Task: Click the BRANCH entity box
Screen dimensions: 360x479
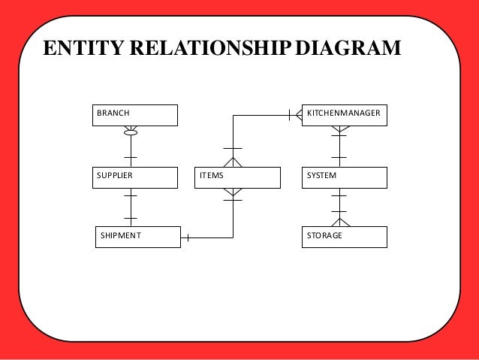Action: click(x=134, y=114)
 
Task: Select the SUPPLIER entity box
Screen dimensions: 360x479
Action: click(x=134, y=177)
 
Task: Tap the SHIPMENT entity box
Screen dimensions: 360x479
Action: click(x=138, y=236)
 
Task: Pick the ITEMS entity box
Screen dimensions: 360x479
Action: click(x=236, y=177)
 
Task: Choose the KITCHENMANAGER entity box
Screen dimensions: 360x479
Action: click(x=345, y=114)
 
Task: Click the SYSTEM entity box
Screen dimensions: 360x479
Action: click(x=345, y=177)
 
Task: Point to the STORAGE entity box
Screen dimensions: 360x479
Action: click(x=345, y=236)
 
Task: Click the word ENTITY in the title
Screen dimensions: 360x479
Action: click(x=80, y=50)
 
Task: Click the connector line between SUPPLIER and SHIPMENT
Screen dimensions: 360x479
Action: click(x=131, y=207)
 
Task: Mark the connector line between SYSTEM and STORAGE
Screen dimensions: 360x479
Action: click(x=339, y=203)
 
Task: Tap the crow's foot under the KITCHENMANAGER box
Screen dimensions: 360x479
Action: click(x=339, y=130)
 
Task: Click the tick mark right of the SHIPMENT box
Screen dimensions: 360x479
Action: click(x=188, y=238)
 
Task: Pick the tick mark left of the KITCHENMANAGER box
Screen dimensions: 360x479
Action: click(x=290, y=115)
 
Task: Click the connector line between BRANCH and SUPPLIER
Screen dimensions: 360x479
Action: click(x=131, y=150)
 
